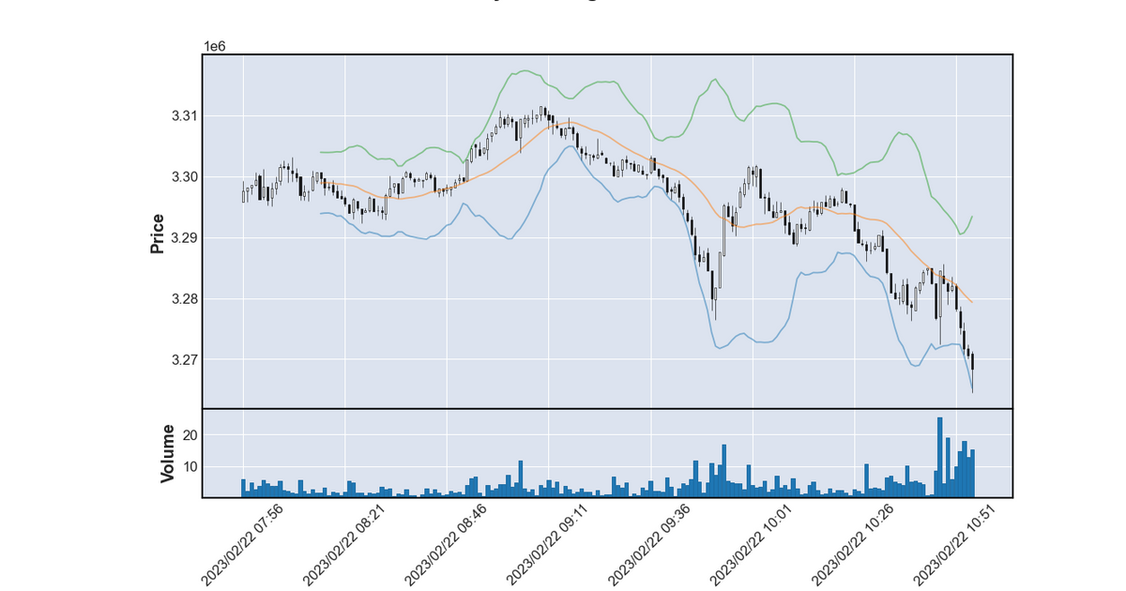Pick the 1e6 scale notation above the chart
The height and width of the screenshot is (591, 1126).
(215, 46)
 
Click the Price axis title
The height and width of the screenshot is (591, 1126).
(158, 234)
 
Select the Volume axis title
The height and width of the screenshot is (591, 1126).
(168, 453)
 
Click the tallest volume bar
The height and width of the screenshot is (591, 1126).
(939, 458)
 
